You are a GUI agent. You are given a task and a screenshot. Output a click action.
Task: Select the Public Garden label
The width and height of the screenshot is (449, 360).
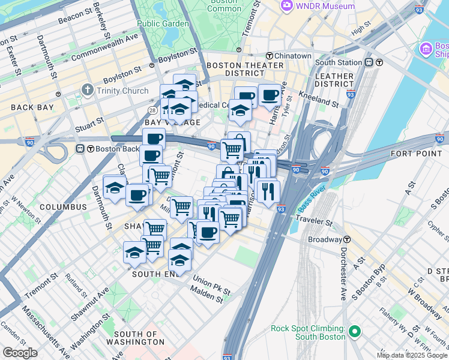[x=162, y=23]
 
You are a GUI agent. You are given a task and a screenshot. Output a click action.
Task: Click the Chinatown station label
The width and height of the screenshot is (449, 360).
[x=293, y=56]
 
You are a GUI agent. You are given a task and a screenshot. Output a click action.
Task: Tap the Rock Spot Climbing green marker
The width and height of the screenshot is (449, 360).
[x=354, y=331]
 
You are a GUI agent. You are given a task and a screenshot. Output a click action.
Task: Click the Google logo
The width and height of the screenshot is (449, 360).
[x=20, y=353]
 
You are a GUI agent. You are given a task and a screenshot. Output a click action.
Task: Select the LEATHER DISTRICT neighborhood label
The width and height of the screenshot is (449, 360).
[x=334, y=80]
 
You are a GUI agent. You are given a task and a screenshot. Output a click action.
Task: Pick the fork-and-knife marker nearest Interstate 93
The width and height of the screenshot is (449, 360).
[x=267, y=190]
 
